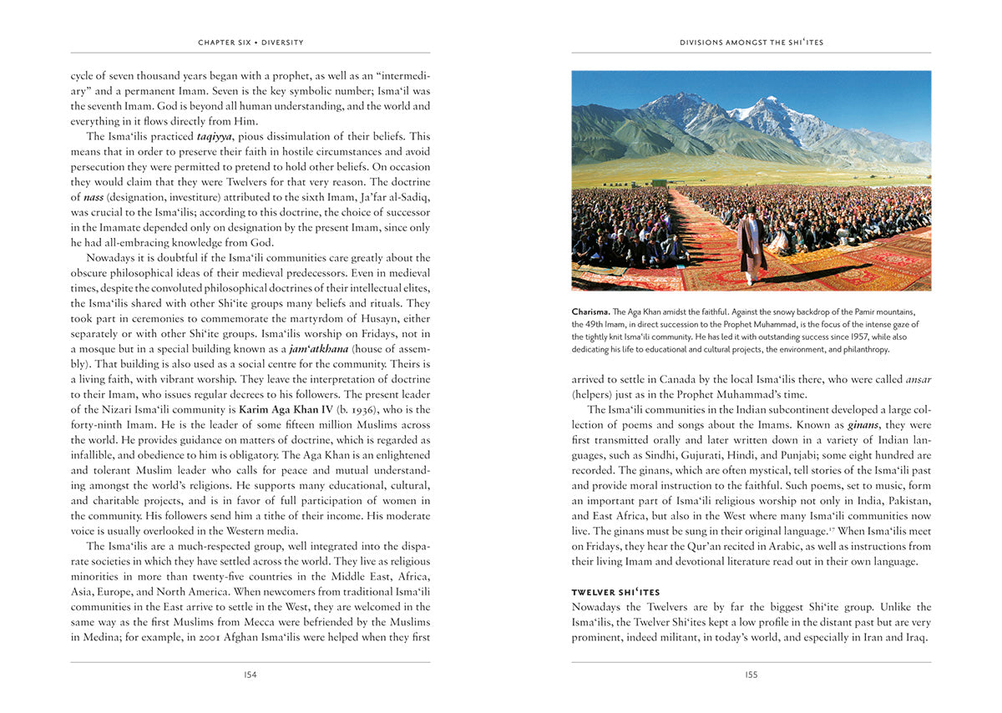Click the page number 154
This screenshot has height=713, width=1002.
pos(250,675)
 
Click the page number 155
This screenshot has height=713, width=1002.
pos(751,675)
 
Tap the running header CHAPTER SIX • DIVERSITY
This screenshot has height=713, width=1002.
pos(250,42)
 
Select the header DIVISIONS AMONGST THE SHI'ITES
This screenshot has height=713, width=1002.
pos(751,42)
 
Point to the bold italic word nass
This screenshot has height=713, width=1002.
pos(94,197)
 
